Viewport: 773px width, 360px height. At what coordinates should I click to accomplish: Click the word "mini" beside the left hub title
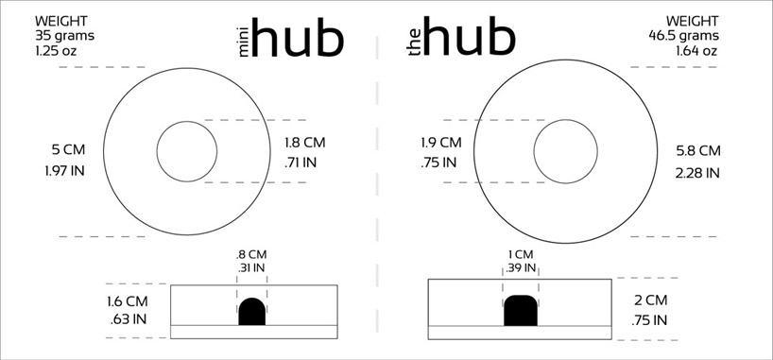(x=245, y=39)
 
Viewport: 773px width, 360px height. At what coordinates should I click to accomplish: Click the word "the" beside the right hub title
(x=415, y=42)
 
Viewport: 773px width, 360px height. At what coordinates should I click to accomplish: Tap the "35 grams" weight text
(x=64, y=36)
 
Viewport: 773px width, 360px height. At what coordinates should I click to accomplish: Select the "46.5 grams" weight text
(x=683, y=36)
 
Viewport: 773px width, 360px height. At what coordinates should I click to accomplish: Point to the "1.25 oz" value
(x=56, y=51)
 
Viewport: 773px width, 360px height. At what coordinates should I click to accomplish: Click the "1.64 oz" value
(x=696, y=51)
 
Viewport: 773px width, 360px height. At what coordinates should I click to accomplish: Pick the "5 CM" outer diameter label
(x=68, y=149)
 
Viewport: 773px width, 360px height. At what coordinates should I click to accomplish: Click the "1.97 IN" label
(x=64, y=171)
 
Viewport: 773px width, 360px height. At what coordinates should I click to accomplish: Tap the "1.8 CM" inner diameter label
(x=304, y=143)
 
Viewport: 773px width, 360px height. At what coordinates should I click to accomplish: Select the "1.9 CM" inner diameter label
(x=441, y=143)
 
